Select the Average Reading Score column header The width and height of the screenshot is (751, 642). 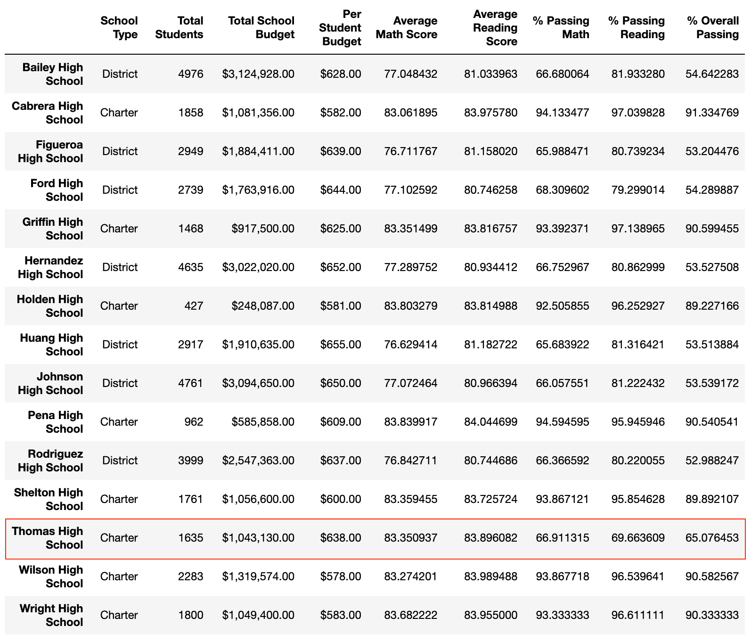click(495, 27)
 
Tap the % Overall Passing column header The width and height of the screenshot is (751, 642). click(712, 27)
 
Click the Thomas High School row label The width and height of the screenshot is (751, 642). click(47, 538)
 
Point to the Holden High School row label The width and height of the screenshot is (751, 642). click(49, 306)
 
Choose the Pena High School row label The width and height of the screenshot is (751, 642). click(55, 422)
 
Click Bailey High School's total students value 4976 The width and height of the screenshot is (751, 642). click(191, 74)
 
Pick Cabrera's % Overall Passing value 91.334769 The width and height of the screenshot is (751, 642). click(712, 113)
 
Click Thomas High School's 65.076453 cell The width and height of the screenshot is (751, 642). click(712, 538)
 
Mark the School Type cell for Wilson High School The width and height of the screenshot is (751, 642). click(119, 576)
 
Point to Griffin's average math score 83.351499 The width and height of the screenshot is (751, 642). click(410, 229)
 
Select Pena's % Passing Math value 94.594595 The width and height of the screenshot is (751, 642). click(562, 422)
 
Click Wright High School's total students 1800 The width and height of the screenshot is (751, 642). click(191, 615)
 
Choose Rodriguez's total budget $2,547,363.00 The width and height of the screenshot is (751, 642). click(258, 461)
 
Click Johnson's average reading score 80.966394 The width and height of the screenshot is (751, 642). click(490, 383)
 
